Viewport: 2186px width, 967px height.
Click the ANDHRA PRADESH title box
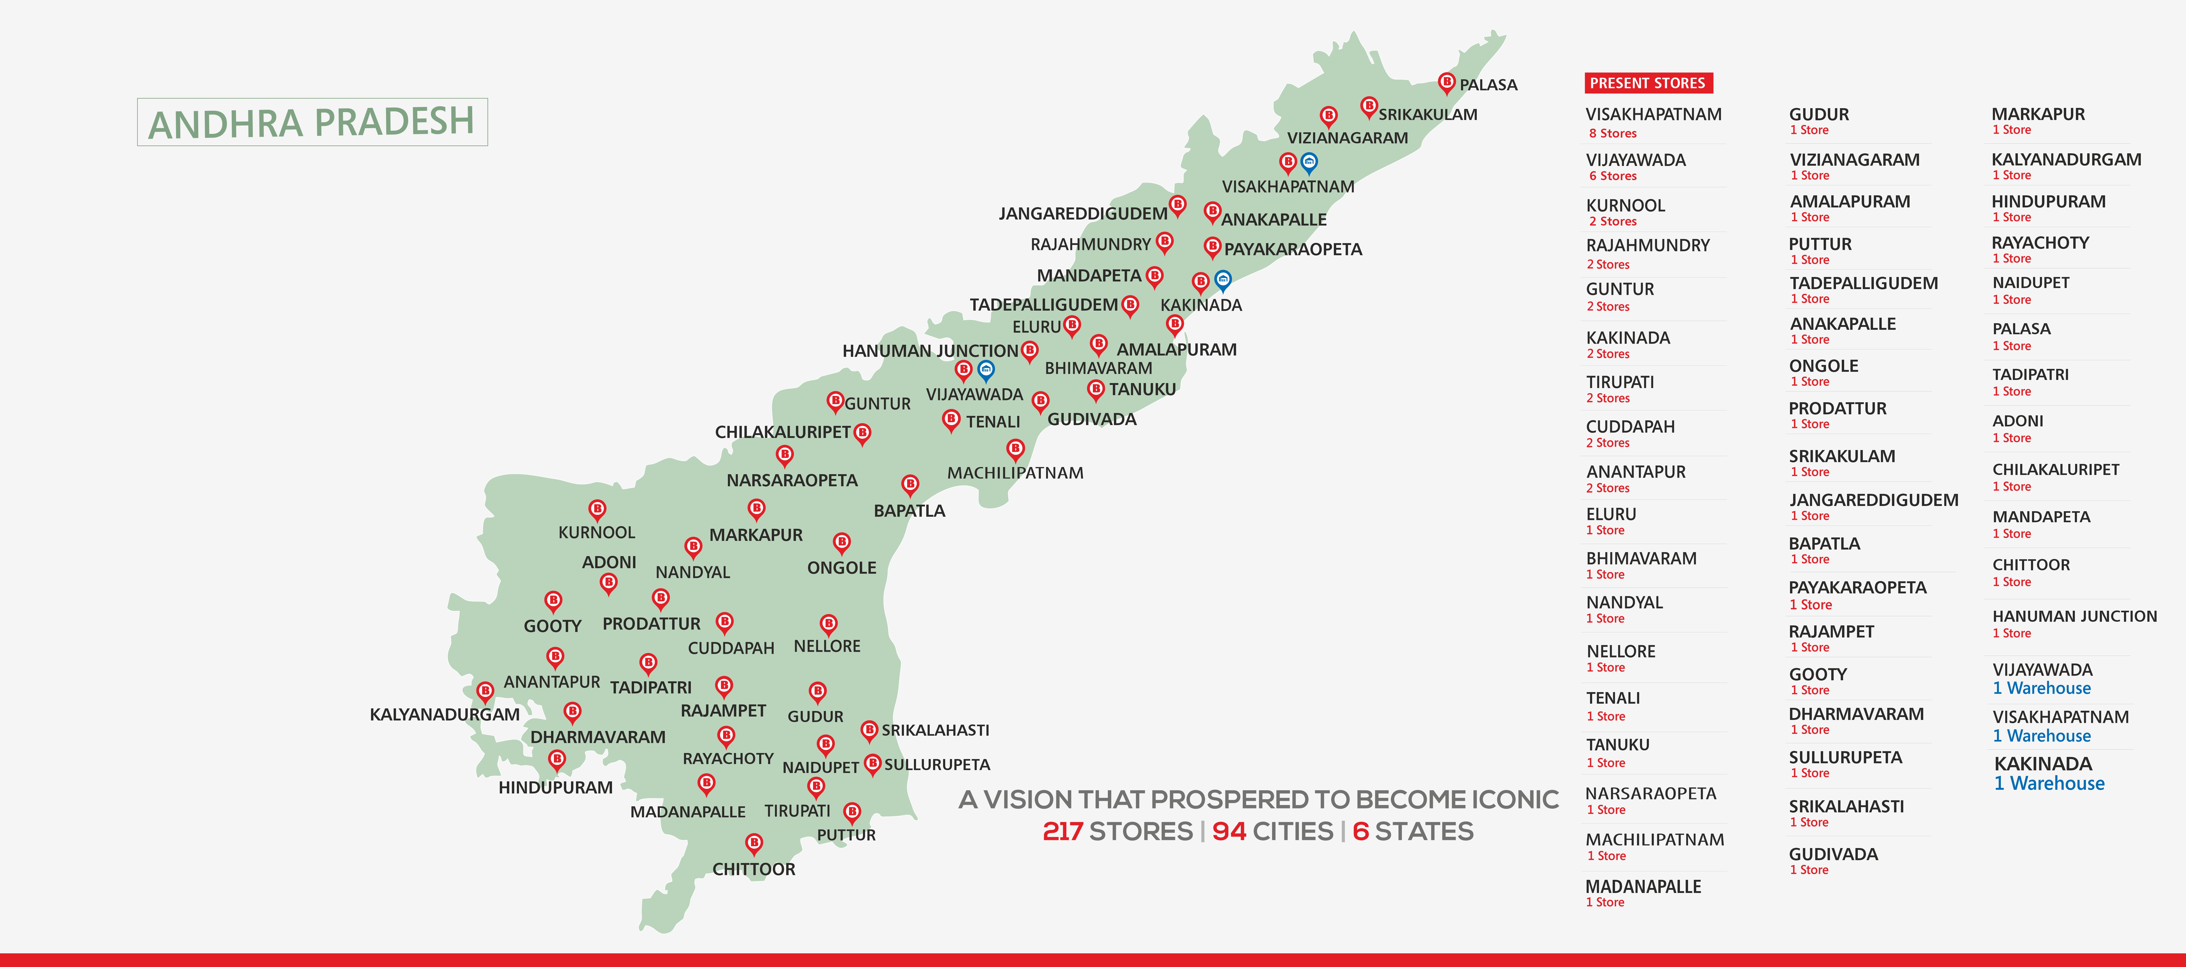[x=311, y=122]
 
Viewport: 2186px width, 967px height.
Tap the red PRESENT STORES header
[x=1647, y=83]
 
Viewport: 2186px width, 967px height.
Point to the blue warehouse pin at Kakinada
[x=1222, y=279]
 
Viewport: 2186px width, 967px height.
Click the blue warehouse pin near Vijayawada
[x=985, y=369]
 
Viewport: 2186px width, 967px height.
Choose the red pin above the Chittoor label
[x=754, y=842]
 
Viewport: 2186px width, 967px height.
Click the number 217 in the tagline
[x=1062, y=831]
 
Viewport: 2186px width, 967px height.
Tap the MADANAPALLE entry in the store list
[x=1643, y=886]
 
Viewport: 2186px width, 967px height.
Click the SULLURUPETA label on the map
[x=937, y=764]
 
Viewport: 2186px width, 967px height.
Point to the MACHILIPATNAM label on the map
[x=1015, y=473]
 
